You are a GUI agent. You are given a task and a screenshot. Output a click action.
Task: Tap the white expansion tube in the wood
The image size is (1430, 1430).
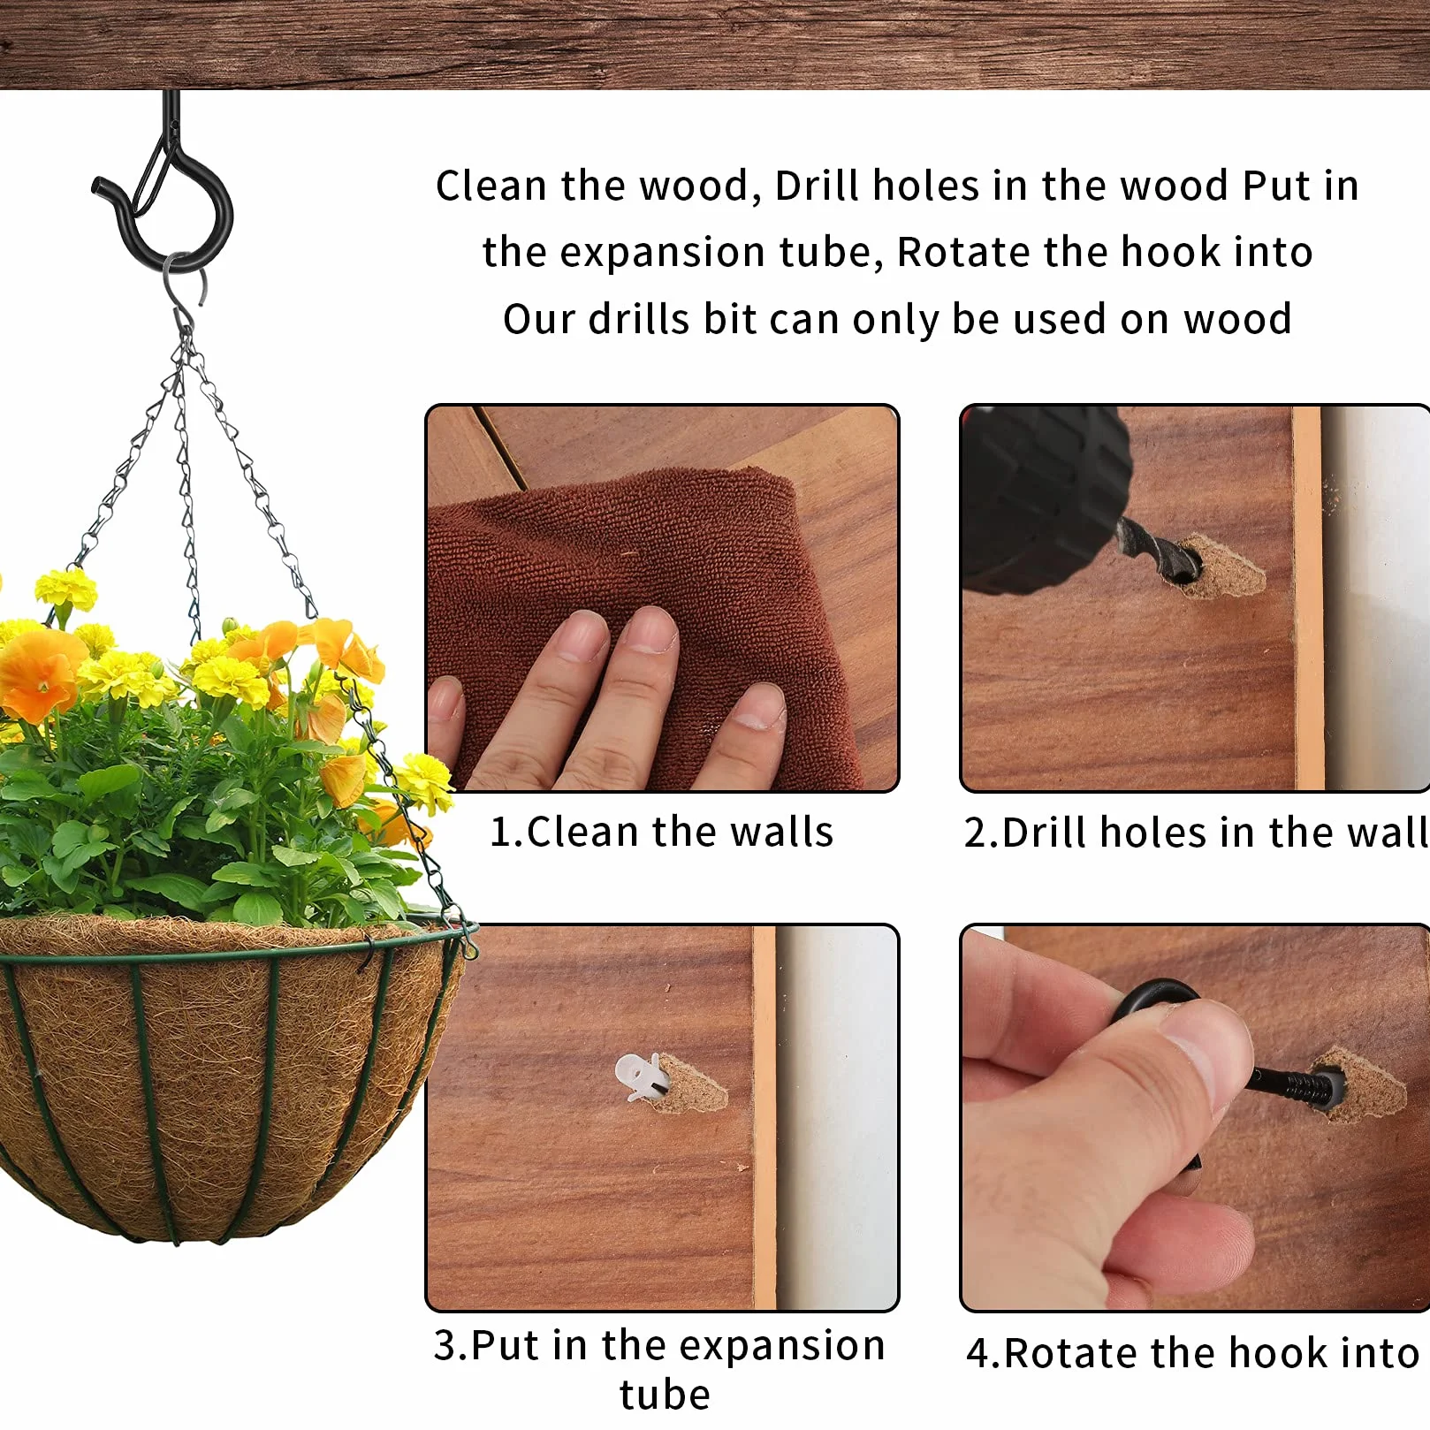pyautogui.click(x=636, y=1076)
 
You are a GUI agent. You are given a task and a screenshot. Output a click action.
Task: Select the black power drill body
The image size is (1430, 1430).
pyautogui.click(x=1043, y=495)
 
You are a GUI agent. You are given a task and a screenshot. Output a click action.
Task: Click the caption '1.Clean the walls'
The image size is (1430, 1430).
pyautogui.click(x=661, y=832)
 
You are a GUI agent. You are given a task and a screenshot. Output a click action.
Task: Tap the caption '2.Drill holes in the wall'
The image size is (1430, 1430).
pyautogui.click(x=1196, y=832)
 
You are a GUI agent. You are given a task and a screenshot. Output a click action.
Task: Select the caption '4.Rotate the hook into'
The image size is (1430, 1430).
pyautogui.click(x=1193, y=1352)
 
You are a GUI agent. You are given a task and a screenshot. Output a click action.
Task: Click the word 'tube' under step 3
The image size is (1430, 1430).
pyautogui.click(x=665, y=1394)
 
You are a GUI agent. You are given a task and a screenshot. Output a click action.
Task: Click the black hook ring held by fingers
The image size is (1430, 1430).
pyautogui.click(x=1149, y=1003)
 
